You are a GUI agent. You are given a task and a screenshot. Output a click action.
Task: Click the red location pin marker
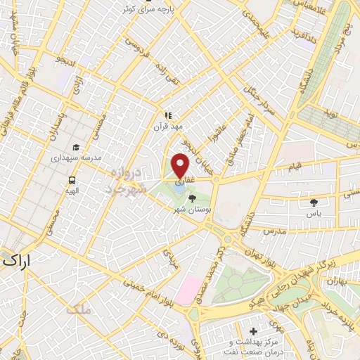tap(181, 165)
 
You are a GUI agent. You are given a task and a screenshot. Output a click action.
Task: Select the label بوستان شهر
tap(193, 210)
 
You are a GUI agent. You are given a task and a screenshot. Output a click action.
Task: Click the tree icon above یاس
tap(314, 202)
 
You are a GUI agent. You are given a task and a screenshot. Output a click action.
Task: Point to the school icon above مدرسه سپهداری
tap(75, 148)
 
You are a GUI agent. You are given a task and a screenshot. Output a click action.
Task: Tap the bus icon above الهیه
tap(73, 179)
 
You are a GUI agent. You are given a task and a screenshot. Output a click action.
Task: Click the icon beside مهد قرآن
tap(168, 115)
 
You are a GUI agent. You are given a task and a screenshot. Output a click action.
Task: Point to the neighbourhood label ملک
tap(76, 309)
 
